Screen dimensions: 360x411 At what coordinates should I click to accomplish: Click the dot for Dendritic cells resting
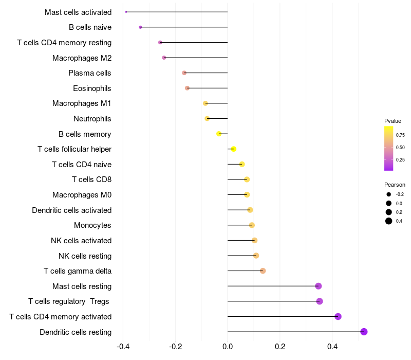point(364,332)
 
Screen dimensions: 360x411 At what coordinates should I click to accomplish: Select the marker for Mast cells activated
point(126,12)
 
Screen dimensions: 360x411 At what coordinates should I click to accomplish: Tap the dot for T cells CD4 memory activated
point(338,316)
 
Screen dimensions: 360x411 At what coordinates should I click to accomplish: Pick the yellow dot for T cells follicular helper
point(233,149)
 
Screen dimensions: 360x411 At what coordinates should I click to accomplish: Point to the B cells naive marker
point(140,27)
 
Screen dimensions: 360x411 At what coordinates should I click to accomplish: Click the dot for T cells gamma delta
point(263,271)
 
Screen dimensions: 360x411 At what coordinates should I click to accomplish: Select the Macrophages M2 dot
point(164,58)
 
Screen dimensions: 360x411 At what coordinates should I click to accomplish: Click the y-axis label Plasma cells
point(90,73)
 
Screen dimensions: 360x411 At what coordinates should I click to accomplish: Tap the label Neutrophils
point(92,119)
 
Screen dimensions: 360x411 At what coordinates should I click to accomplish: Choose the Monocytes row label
point(92,225)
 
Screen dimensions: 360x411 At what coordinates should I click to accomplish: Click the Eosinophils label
point(92,88)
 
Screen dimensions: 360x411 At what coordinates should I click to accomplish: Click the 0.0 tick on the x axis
point(228,347)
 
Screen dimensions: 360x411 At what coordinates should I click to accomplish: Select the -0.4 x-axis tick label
point(123,347)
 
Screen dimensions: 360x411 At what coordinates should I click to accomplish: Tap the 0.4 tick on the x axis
point(332,347)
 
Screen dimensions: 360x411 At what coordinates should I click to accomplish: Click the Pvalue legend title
point(393,121)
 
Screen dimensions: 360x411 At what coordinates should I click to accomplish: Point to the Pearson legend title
point(395,185)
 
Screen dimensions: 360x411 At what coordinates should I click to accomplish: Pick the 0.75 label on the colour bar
point(400,135)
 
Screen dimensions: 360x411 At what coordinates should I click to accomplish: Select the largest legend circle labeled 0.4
point(389,221)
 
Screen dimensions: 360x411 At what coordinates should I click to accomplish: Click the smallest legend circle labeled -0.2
point(389,194)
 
